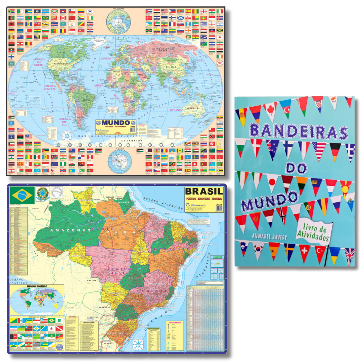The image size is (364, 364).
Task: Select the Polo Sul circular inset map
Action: pyautogui.click(x=119, y=161)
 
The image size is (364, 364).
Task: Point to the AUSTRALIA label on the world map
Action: pyautogui.click(x=192, y=108)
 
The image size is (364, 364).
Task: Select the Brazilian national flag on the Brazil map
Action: pyautogui.click(x=22, y=194)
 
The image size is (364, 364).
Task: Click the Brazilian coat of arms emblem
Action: pyautogui.click(x=42, y=194)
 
